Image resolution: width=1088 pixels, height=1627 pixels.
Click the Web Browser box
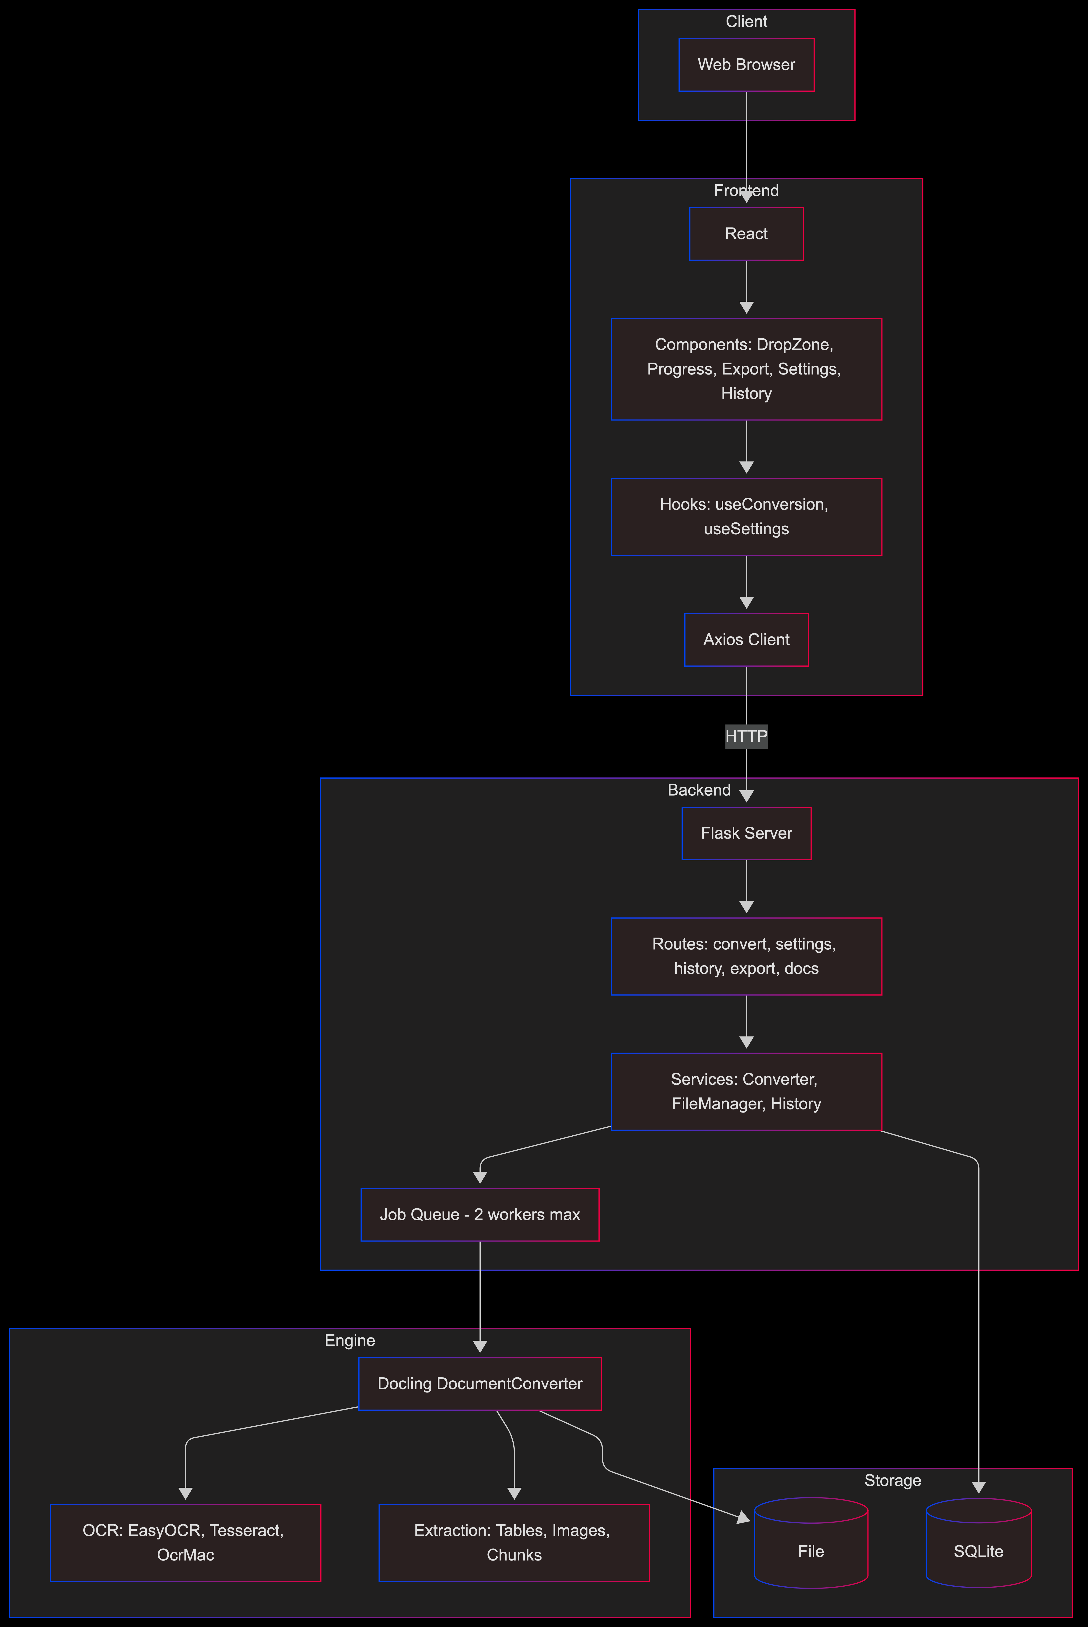click(x=746, y=65)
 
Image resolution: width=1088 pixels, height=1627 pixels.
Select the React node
click(x=746, y=234)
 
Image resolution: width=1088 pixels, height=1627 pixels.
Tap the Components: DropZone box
click(x=746, y=369)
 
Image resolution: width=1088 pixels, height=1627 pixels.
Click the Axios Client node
click(x=746, y=640)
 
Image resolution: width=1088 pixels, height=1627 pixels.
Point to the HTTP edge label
click(x=746, y=736)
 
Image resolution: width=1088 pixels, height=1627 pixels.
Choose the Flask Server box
click(x=746, y=833)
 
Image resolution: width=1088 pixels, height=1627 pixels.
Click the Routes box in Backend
click(x=746, y=956)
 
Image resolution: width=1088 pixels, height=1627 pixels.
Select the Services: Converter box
click(x=746, y=1091)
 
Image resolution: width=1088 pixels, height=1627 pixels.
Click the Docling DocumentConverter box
click(x=479, y=1383)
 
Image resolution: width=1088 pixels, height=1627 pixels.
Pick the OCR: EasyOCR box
click(x=185, y=1542)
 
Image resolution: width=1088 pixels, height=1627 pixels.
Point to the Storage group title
click(x=892, y=1481)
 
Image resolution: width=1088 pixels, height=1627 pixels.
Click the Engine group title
click(x=350, y=1340)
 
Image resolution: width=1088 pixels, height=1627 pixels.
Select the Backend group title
click(x=699, y=790)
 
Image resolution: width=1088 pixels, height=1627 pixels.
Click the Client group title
click(x=746, y=21)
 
